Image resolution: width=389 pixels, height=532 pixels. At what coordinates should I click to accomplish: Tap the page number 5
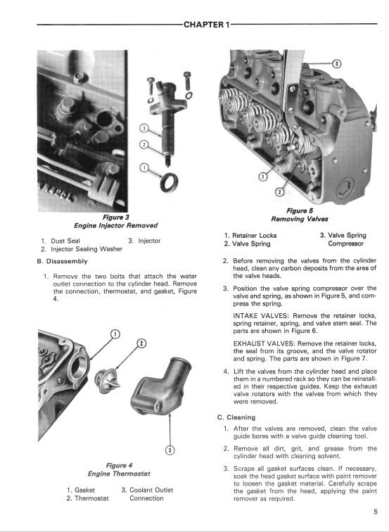376,512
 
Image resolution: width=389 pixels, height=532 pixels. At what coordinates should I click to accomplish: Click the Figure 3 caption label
116,217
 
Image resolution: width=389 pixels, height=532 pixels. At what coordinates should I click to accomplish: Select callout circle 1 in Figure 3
144,167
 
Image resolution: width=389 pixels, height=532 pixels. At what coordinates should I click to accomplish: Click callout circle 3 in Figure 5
336,63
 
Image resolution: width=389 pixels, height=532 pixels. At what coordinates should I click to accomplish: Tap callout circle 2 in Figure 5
279,192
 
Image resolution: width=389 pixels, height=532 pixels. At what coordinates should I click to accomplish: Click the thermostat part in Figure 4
107,381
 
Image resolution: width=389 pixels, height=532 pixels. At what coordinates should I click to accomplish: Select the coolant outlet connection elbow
160,385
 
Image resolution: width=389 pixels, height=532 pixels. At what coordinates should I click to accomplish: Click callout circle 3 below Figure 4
170,450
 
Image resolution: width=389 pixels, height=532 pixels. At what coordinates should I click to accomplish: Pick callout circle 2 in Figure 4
141,343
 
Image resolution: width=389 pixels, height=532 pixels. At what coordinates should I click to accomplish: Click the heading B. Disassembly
62,261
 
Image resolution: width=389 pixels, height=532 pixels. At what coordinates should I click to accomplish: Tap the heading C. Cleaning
236,417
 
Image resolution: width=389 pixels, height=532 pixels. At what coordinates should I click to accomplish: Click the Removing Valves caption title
300,219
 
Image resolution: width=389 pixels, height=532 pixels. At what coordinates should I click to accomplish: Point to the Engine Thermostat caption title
119,474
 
